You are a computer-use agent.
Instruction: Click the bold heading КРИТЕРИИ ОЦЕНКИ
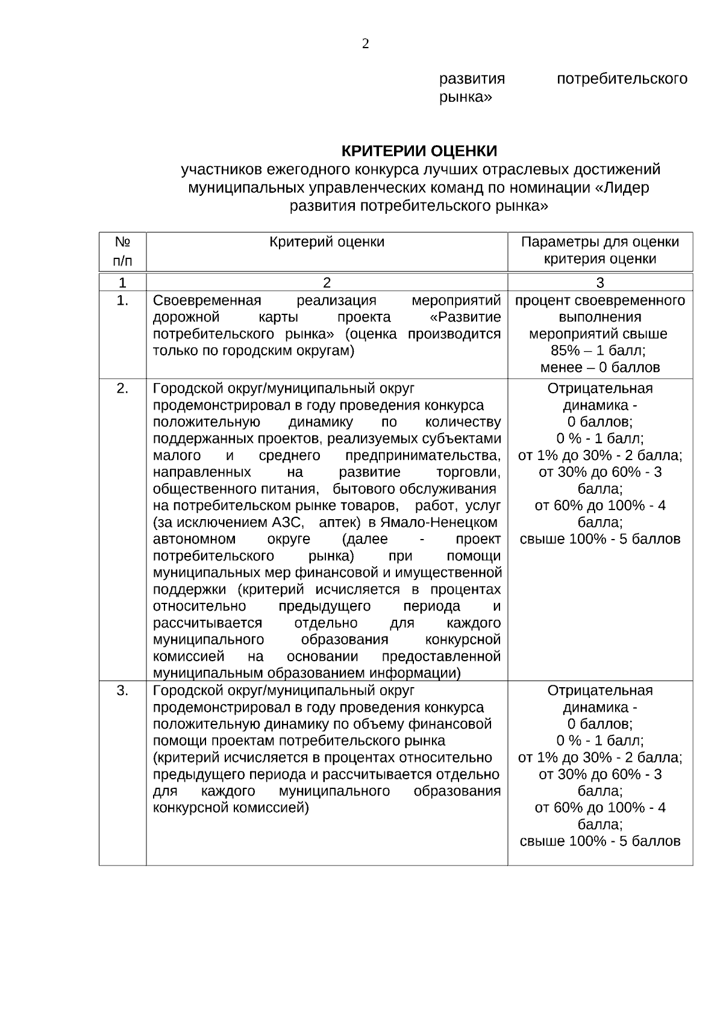420,150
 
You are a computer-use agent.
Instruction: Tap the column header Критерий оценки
327,242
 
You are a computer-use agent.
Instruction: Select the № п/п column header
122,251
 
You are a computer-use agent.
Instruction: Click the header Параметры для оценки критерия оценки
599,251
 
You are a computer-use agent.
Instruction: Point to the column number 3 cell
599,282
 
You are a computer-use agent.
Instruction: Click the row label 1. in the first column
122,301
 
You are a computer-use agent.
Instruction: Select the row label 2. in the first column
122,388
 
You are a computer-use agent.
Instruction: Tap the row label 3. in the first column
122,691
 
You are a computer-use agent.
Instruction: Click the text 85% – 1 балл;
599,351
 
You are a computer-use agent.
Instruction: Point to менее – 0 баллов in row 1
599,367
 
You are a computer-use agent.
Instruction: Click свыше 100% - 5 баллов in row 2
599,539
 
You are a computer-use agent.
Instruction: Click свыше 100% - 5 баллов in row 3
599,841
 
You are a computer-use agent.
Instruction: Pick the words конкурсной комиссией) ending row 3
231,808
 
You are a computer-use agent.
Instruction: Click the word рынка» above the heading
465,97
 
